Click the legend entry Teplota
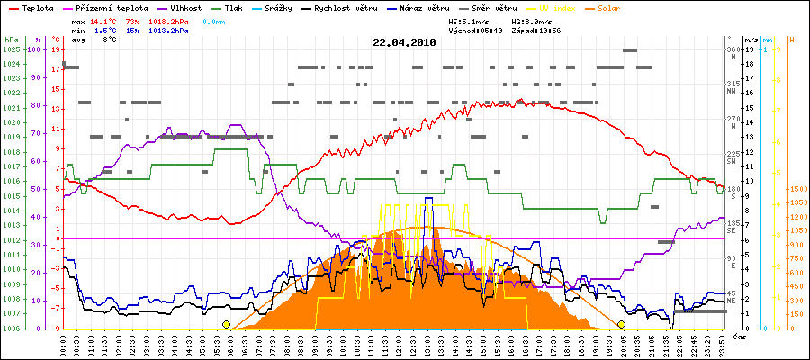[x=36, y=7]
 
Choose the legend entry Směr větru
[x=490, y=7]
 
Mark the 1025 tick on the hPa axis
[x=11, y=49]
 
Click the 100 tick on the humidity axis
[x=36, y=49]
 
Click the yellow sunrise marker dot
[x=226, y=324]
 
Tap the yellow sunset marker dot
[x=621, y=324]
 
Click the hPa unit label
[x=11, y=40]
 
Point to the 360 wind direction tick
[x=733, y=49]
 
